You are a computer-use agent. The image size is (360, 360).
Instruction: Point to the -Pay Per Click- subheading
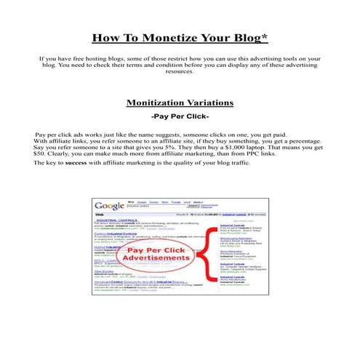(x=180, y=116)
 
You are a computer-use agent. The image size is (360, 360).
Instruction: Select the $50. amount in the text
(x=42, y=154)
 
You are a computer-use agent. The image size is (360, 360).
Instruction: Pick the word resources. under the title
(x=180, y=71)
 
